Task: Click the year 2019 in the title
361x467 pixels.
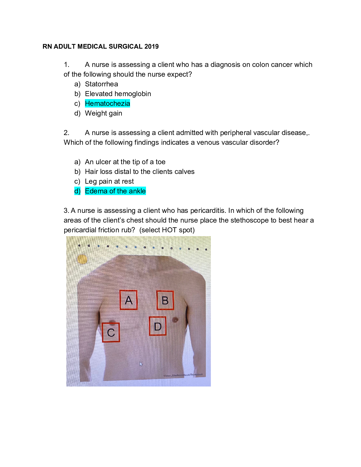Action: tap(151, 47)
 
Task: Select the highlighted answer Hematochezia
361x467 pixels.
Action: tap(107, 103)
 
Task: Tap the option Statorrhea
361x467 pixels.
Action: tap(101, 84)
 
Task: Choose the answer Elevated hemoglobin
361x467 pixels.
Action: tap(118, 94)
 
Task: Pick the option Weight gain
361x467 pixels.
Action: tap(103, 113)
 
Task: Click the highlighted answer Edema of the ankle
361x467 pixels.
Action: tap(115, 191)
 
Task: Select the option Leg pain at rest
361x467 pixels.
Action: tap(109, 181)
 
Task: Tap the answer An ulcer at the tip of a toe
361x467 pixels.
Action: tap(125, 162)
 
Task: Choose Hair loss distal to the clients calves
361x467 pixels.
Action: tap(140, 172)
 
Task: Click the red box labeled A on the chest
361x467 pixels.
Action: tap(129, 300)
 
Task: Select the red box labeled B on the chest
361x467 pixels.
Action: tap(165, 300)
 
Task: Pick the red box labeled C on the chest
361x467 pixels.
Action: tap(111, 333)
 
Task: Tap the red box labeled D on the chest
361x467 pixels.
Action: tap(158, 326)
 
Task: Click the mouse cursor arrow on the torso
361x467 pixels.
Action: tap(141, 364)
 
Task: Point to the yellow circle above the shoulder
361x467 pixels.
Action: tap(82, 259)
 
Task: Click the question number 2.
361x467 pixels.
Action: tap(66, 133)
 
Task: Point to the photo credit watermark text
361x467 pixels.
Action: tap(183, 375)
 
